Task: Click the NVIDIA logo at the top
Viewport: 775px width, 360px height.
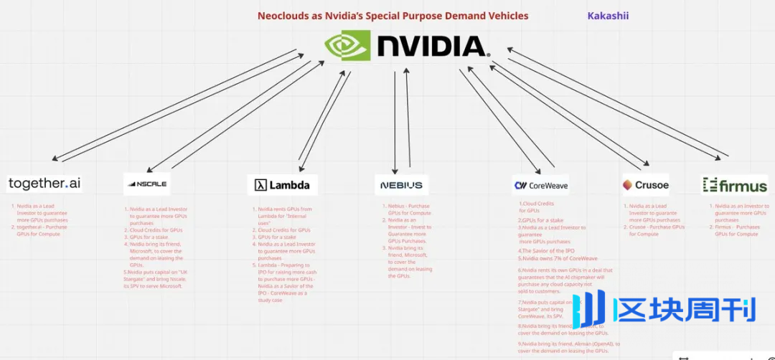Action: coord(408,46)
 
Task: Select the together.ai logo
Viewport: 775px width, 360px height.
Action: coord(44,184)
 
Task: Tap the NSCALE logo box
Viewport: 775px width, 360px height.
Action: coord(146,184)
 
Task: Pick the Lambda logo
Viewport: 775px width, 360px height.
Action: coord(282,185)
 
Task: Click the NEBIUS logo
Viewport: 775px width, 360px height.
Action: coord(401,185)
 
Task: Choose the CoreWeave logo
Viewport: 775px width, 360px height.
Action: coord(540,185)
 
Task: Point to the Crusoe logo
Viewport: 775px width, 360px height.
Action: coord(645,184)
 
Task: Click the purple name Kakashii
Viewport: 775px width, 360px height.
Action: coord(608,15)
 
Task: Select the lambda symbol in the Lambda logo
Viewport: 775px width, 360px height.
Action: coord(260,185)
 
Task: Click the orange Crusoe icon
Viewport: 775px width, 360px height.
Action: coord(628,184)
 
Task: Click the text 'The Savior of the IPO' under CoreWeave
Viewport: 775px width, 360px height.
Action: coord(548,251)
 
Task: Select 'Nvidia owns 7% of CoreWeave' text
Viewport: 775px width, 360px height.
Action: coord(558,258)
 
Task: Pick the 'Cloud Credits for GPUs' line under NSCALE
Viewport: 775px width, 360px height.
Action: coord(156,230)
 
